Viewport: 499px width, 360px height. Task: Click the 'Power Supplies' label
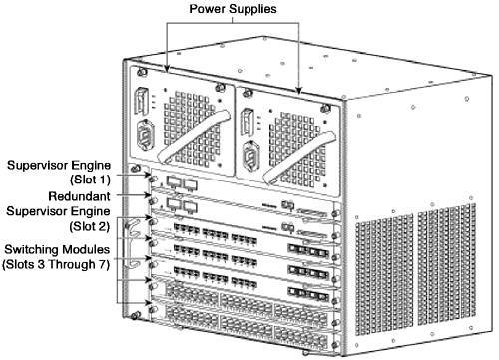[x=233, y=9]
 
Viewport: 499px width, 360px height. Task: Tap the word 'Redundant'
[x=79, y=196]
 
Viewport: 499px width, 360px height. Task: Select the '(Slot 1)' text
[x=90, y=180]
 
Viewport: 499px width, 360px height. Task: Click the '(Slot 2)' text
[x=90, y=227]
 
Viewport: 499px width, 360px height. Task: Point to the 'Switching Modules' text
[x=57, y=249]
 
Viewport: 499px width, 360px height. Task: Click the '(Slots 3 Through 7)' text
[x=56, y=265]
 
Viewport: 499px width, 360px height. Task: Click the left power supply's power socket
[x=146, y=135]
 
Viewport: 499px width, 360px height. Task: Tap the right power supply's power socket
[x=249, y=156]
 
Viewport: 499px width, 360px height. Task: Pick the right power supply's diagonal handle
[x=299, y=157]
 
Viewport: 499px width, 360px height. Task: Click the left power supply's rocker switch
[x=141, y=101]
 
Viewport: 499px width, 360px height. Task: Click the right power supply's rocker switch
[x=247, y=122]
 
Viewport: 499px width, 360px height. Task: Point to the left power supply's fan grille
[x=192, y=129]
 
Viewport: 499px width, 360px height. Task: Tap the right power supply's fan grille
[x=297, y=150]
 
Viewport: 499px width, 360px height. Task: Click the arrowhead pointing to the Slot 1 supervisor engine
[x=149, y=174]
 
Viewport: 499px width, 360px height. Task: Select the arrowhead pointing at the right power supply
[x=299, y=91]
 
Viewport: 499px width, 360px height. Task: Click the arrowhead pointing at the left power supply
[x=167, y=68]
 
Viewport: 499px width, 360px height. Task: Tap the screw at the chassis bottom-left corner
[x=135, y=315]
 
